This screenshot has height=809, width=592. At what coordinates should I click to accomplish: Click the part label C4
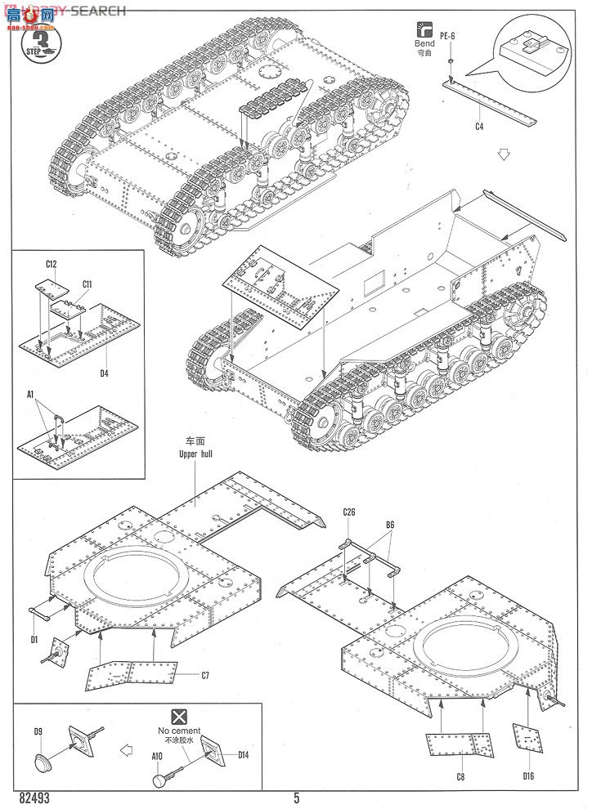(x=479, y=127)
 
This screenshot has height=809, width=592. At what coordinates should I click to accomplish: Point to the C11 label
(x=86, y=284)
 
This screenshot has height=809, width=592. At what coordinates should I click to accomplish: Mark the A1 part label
(x=29, y=395)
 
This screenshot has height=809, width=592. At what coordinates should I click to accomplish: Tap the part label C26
(x=349, y=513)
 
